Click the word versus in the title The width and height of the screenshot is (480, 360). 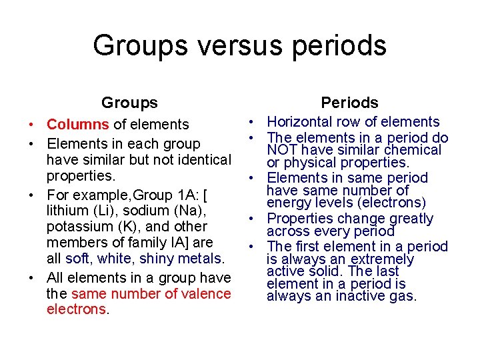(221, 45)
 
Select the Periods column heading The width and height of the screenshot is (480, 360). (349, 103)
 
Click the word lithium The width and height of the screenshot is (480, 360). (69, 209)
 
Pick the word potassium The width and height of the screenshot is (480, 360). (80, 226)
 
